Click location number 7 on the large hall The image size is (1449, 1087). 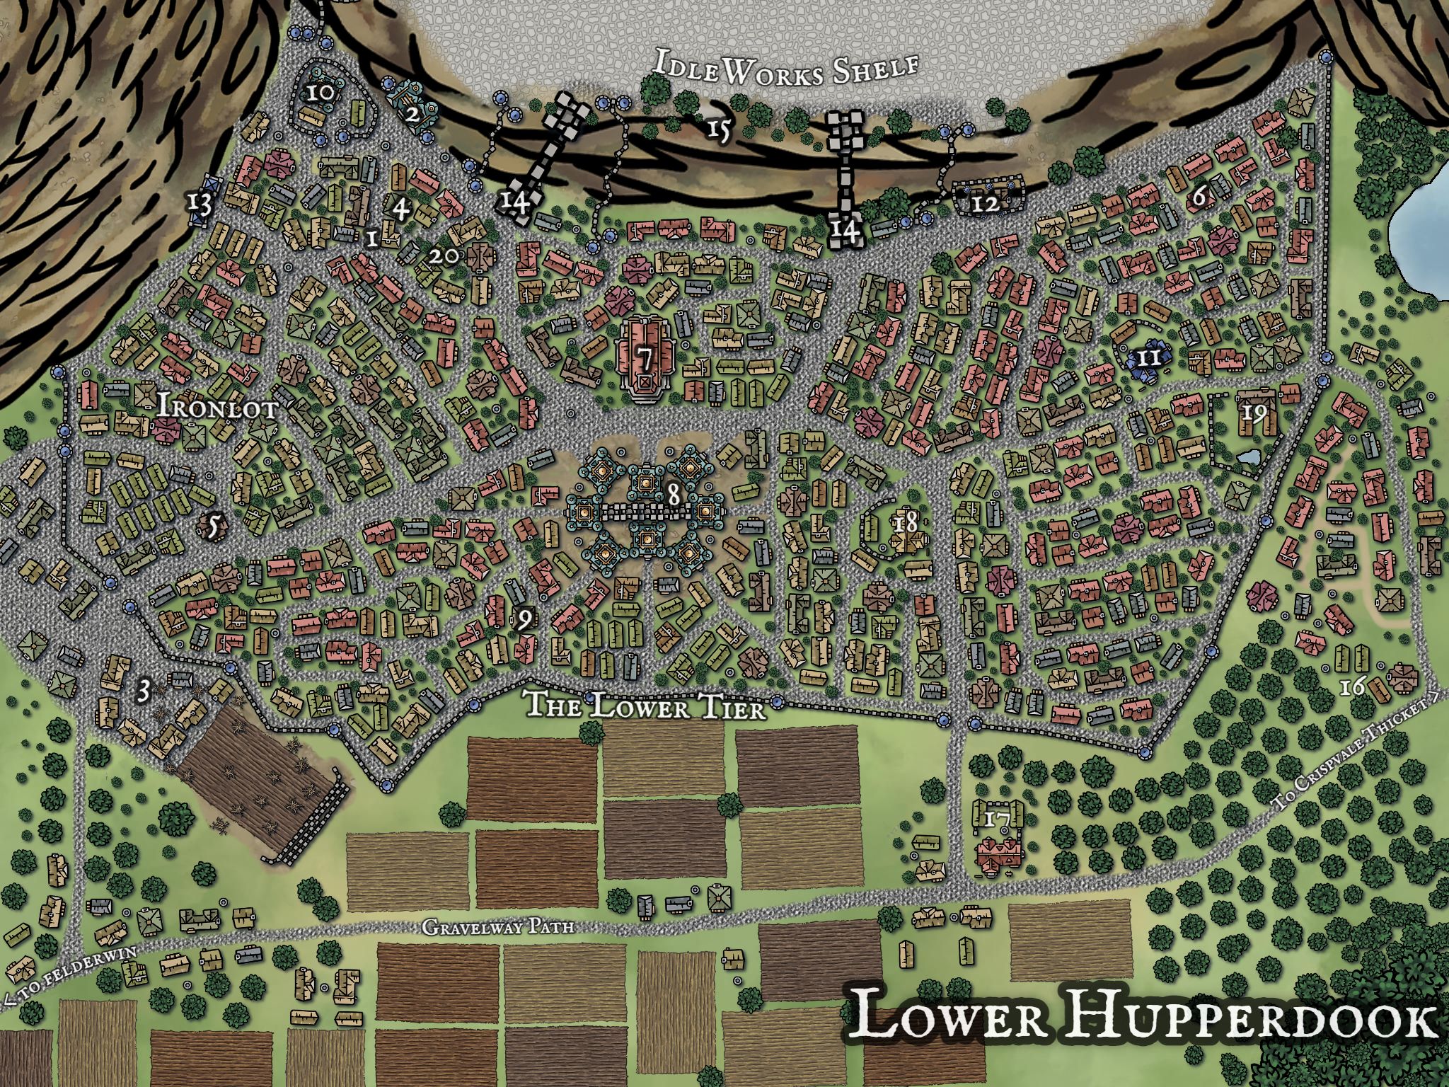click(x=645, y=359)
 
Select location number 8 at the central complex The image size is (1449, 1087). click(x=674, y=495)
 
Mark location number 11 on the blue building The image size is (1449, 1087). click(x=1150, y=357)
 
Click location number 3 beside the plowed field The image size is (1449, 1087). click(x=144, y=690)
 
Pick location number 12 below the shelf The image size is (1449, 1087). click(x=986, y=204)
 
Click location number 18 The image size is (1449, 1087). click(x=906, y=524)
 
